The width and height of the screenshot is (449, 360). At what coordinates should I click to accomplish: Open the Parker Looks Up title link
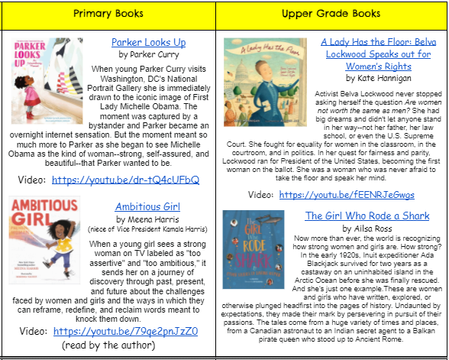tap(148, 42)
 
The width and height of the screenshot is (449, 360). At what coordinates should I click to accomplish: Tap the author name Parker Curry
tap(147, 55)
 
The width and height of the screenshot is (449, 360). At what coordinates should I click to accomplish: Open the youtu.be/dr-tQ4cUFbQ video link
tap(126, 180)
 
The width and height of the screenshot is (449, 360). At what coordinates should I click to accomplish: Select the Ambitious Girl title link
tap(147, 206)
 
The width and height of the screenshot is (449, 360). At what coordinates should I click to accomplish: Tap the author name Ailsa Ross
tap(368, 229)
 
